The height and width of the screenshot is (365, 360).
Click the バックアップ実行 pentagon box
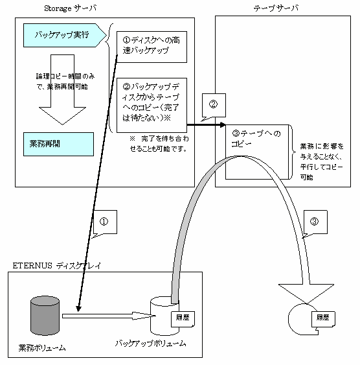(x=65, y=35)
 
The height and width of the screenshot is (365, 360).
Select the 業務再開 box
(x=58, y=144)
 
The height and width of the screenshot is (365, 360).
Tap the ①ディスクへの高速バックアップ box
(x=152, y=47)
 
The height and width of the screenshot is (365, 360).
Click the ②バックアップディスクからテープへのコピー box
(x=152, y=105)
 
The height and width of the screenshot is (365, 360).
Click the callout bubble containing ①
(x=105, y=222)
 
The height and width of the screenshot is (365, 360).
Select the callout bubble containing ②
(x=214, y=105)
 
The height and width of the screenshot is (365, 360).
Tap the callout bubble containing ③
(x=315, y=222)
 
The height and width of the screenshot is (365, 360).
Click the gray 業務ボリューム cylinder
(x=45, y=316)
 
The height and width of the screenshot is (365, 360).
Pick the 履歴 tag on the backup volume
(x=183, y=319)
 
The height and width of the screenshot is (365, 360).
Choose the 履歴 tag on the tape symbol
(x=323, y=319)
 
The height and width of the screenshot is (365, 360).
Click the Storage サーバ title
(x=70, y=8)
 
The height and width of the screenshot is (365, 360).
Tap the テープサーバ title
(x=276, y=8)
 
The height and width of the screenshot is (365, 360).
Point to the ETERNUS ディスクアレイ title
(x=57, y=266)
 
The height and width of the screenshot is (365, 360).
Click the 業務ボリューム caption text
(x=42, y=347)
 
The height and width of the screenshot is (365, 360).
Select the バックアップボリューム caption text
(x=151, y=344)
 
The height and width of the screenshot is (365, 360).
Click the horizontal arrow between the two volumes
(x=109, y=316)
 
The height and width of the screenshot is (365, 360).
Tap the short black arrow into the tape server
(x=207, y=125)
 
